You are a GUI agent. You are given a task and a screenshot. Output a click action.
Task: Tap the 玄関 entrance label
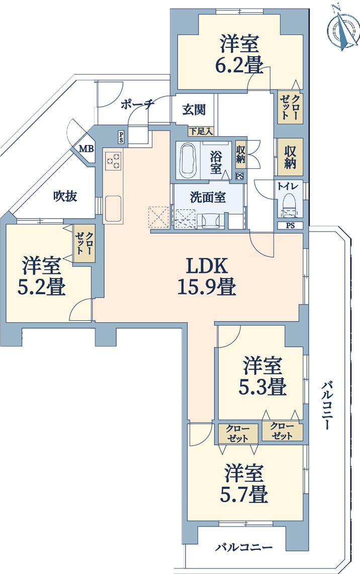click(194, 110)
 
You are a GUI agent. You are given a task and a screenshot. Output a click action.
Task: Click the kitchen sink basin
click(113, 209)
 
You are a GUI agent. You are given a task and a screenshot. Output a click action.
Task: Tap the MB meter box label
click(87, 149)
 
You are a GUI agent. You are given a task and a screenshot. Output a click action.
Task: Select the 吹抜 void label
click(65, 196)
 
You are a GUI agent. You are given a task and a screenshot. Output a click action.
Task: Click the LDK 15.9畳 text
click(207, 276)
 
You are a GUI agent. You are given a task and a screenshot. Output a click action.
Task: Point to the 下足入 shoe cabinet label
click(201, 131)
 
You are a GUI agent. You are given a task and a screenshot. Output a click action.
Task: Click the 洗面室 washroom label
click(208, 198)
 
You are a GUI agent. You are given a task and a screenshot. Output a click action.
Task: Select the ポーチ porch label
click(137, 105)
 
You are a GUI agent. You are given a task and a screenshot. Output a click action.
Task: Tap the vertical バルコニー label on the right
click(328, 406)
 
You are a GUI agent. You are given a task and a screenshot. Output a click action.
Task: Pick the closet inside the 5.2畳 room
click(84, 243)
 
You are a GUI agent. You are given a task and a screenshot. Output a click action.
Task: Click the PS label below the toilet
click(290, 226)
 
